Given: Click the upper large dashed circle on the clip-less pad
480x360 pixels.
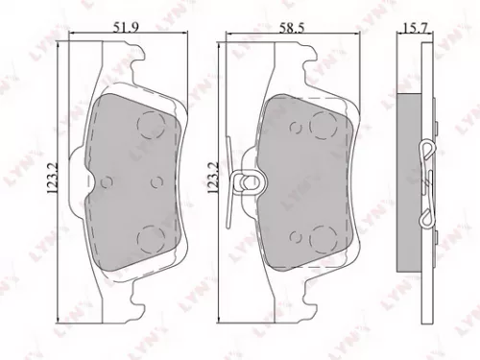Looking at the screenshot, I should (x=151, y=124).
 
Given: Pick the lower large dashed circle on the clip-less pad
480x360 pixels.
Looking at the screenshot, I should (x=151, y=237).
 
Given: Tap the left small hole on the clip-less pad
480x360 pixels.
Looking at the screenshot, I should (x=108, y=180).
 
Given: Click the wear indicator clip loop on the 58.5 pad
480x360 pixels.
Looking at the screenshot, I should (x=253, y=180).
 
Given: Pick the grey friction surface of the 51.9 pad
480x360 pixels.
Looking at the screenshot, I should (x=125, y=182).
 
